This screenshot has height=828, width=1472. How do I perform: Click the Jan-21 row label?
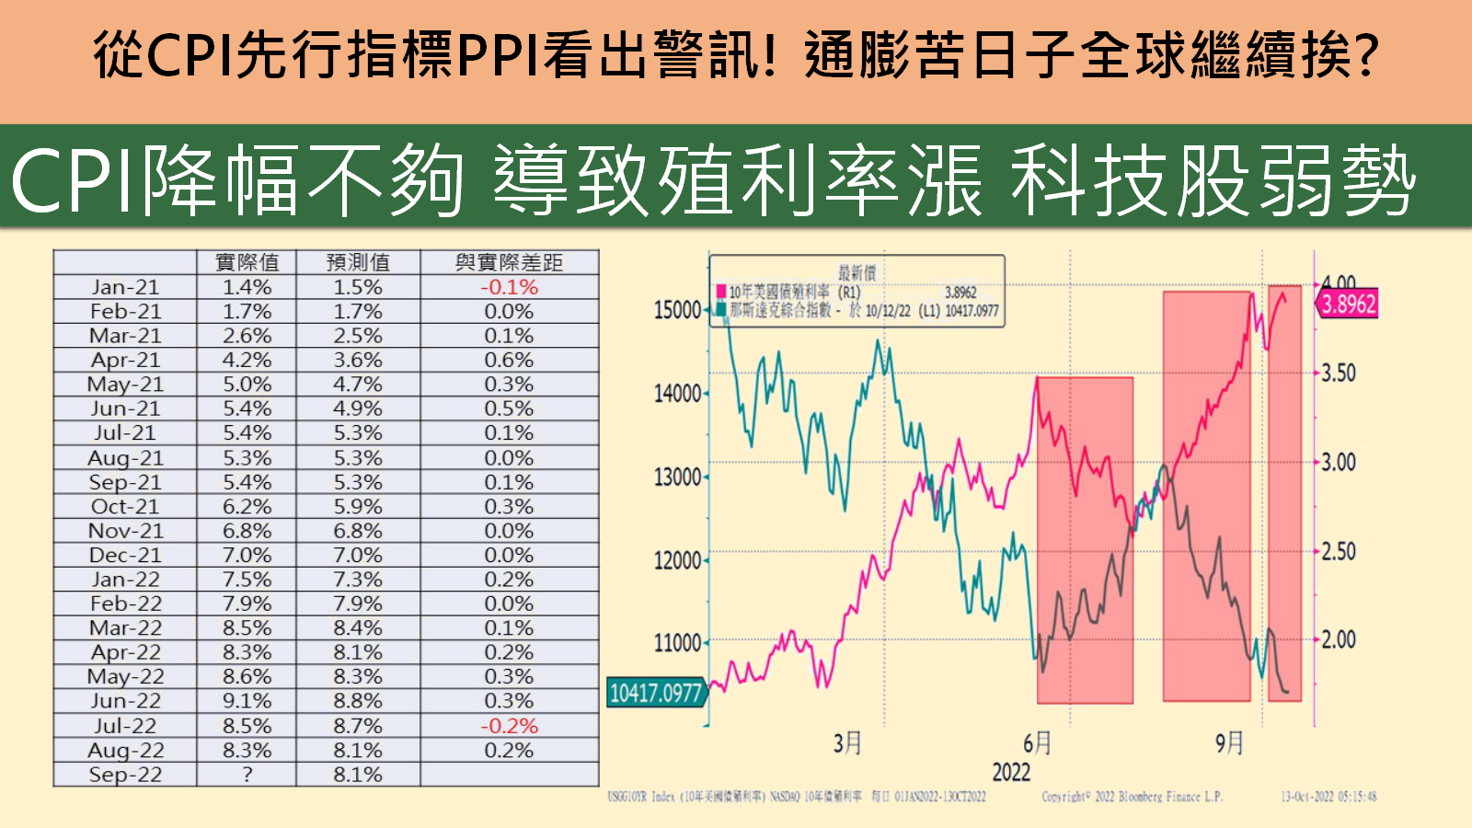point(125,287)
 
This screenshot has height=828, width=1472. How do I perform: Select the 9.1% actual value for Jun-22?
point(247,701)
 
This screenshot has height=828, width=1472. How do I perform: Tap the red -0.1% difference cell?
point(509,287)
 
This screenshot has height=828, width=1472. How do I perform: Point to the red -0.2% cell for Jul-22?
point(509,726)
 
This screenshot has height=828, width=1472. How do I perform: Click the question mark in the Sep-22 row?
point(247,775)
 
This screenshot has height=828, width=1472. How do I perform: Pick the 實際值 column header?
point(247,262)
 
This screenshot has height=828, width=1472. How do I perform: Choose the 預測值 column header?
point(358,262)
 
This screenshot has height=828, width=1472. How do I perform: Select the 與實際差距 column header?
point(509,262)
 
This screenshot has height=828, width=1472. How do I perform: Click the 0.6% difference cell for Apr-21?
point(509,360)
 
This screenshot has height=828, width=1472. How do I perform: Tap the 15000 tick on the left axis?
point(677,311)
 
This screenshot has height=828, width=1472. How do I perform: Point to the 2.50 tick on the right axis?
point(1339,552)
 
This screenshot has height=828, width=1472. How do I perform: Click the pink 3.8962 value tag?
point(1348,305)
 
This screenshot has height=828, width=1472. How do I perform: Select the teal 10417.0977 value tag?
point(655,693)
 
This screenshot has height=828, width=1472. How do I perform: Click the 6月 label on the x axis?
point(1037,742)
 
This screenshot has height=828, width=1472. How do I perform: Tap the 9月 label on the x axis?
point(1229,742)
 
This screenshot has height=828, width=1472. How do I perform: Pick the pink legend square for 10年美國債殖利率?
point(721,293)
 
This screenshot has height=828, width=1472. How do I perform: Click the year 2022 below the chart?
point(1011,772)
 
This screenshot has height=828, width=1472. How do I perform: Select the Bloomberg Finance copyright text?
point(1132,797)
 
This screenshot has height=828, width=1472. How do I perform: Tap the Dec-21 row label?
point(125,556)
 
